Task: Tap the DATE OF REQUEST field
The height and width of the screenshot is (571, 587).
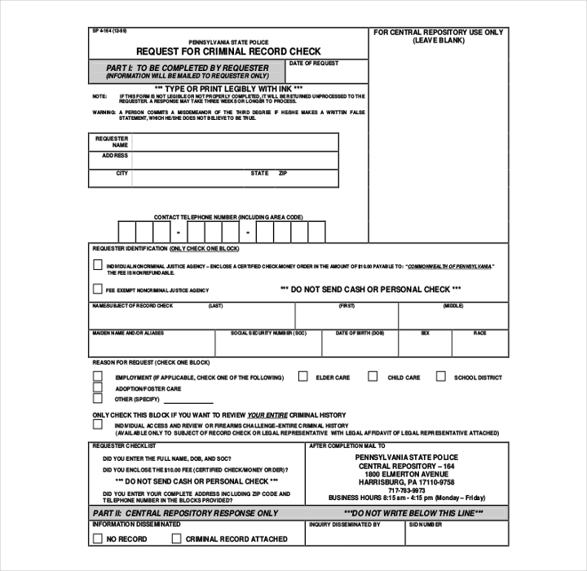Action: (x=327, y=72)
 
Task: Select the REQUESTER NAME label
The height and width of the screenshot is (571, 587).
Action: (x=112, y=142)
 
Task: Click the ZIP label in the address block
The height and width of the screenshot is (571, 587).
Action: (x=283, y=173)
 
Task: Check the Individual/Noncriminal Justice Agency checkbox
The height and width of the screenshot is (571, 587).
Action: (x=98, y=265)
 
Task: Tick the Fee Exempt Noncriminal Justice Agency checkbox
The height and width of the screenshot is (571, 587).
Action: (x=98, y=288)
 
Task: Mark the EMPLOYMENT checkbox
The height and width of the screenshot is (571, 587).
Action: (x=98, y=377)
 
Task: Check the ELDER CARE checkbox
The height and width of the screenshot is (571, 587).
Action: (x=302, y=377)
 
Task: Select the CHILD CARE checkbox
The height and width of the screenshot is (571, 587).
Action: (x=373, y=377)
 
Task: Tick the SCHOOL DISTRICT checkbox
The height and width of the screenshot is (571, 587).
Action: (x=440, y=377)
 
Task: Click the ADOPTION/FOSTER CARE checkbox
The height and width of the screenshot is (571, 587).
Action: (x=98, y=387)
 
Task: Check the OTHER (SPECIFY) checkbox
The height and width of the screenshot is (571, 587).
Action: (x=98, y=399)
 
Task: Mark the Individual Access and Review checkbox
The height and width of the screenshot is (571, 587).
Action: (x=98, y=425)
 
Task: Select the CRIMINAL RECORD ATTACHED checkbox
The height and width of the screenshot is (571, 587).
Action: (x=175, y=538)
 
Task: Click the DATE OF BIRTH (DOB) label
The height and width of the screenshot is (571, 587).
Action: (x=360, y=333)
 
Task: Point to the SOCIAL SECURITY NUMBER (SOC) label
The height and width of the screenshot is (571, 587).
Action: (x=268, y=333)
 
